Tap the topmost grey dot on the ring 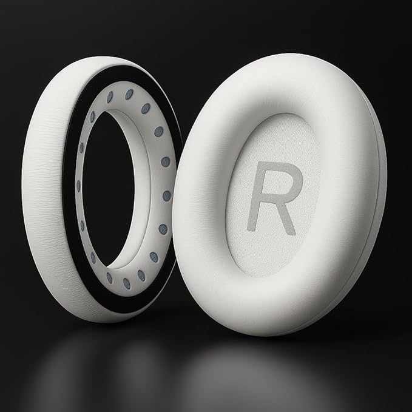tap(129, 94)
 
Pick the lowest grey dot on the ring tap(127, 284)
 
